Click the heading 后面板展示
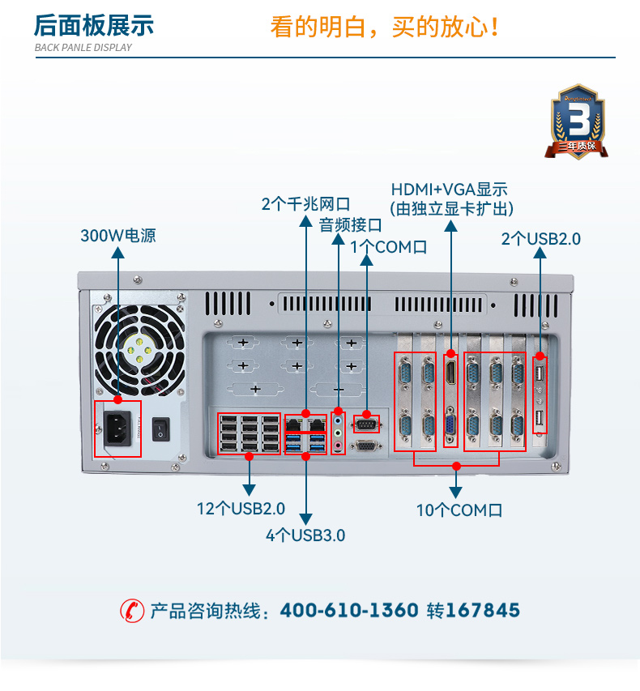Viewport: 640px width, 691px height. coord(93,26)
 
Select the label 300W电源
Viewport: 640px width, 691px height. coord(117,236)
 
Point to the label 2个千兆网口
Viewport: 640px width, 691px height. coord(305,203)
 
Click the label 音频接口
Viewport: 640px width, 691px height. coord(350,224)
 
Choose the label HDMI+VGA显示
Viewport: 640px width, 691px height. coord(450,190)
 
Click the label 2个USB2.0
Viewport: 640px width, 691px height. coord(541,238)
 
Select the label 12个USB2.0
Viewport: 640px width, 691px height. coord(241,508)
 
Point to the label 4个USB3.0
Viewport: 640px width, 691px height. coord(305,535)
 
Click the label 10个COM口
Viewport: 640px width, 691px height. coord(459,510)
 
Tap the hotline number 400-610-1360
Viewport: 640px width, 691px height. coord(349,610)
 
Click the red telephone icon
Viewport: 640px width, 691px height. coord(131,610)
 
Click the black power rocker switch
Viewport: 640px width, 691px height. coord(163,429)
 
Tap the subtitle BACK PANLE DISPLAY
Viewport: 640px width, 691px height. coord(83,47)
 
